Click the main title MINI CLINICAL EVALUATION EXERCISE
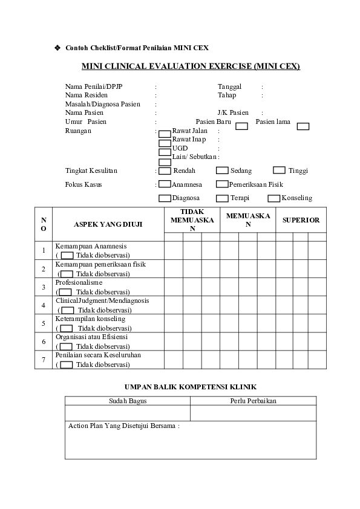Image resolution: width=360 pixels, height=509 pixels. (191, 66)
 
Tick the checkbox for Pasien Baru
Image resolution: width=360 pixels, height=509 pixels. (241, 126)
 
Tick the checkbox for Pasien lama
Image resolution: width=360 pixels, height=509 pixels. (303, 126)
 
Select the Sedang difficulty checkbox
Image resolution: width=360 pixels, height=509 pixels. (222, 170)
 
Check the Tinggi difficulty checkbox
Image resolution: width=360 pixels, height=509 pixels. (279, 170)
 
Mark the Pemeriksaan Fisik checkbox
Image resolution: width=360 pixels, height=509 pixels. (222, 184)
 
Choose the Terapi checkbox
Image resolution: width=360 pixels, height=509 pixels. (222, 198)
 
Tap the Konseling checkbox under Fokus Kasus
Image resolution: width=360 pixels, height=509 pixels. (273, 198)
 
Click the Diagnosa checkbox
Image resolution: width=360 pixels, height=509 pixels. (165, 198)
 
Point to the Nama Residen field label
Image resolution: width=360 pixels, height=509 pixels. (86, 95)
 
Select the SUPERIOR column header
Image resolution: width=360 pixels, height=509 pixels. (301, 220)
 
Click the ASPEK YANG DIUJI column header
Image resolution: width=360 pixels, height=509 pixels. (108, 224)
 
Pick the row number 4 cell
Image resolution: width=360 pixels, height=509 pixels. (44, 305)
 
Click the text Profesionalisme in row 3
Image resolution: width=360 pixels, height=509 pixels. (79, 282)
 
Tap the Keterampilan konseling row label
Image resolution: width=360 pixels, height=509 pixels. (90, 319)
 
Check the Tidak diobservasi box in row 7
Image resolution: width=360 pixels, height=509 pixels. (67, 365)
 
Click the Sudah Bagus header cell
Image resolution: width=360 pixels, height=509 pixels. (127, 401)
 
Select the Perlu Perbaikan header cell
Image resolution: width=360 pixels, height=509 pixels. (253, 401)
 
